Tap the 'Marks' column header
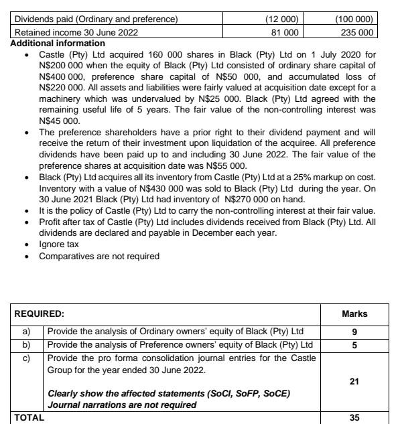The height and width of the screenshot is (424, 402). coord(354,313)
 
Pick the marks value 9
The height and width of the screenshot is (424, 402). coord(354,331)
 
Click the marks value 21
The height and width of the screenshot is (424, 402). coord(354,381)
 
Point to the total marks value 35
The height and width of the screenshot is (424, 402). coord(354,417)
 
